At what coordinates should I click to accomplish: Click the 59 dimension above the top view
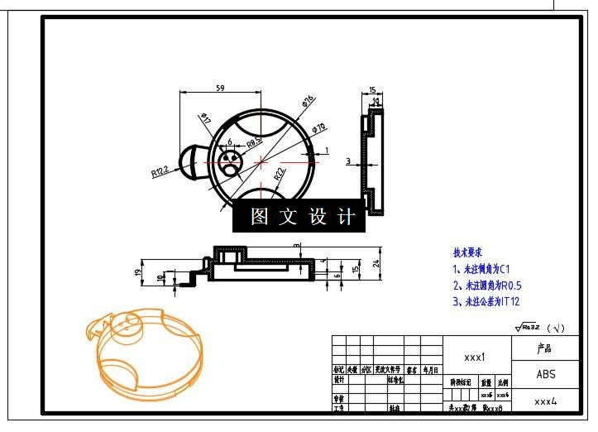(x=221, y=87)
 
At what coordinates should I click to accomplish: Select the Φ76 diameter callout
(x=308, y=103)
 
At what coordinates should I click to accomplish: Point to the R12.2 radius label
(x=160, y=171)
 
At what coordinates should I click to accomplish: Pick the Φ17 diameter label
(x=204, y=119)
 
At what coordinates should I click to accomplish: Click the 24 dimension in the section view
(x=376, y=264)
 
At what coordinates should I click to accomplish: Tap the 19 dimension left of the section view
(x=137, y=271)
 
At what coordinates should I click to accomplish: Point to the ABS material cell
(x=546, y=374)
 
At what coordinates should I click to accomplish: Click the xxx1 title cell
(x=474, y=358)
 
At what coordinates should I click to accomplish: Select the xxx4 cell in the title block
(x=544, y=401)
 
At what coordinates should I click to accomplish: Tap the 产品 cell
(x=544, y=348)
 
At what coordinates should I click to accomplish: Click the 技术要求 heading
(x=467, y=252)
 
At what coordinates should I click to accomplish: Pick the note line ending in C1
(x=481, y=269)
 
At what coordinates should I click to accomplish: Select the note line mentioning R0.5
(x=486, y=286)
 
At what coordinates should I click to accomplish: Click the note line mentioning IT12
(x=486, y=302)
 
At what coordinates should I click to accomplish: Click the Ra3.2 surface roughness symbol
(x=528, y=328)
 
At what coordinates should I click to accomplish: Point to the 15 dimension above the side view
(x=372, y=90)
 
